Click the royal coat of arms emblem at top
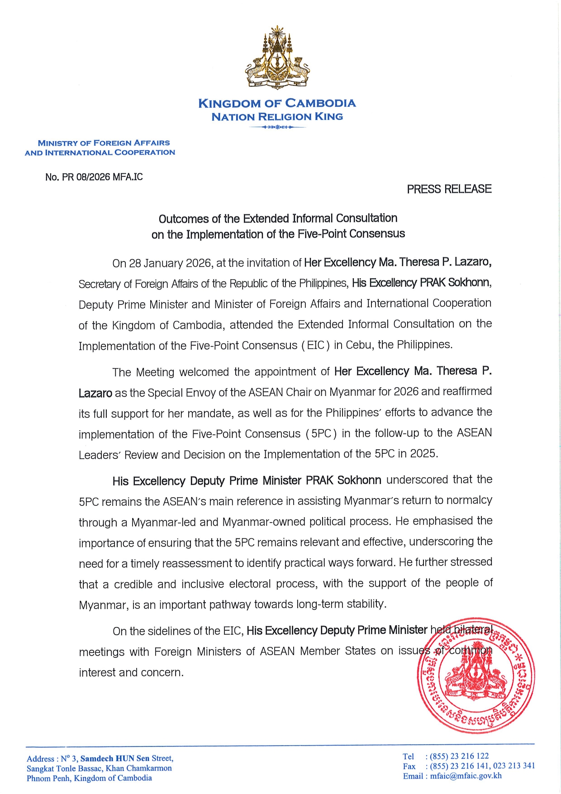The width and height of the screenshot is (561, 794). [277, 58]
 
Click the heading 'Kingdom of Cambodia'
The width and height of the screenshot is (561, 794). [277, 104]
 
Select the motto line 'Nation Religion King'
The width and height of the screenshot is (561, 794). [277, 117]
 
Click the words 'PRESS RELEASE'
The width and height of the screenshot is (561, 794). [449, 189]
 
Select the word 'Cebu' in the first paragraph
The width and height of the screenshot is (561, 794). [359, 345]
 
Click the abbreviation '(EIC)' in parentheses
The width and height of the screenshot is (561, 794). [315, 345]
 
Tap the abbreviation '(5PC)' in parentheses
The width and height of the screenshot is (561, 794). [321, 433]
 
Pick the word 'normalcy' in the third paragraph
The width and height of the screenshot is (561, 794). [470, 500]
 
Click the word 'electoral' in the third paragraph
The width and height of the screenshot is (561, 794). [251, 584]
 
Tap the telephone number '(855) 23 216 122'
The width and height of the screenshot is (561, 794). [459, 756]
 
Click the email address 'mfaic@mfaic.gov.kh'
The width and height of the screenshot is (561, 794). [466, 776]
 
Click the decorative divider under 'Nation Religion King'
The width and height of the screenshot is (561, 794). [277, 127]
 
